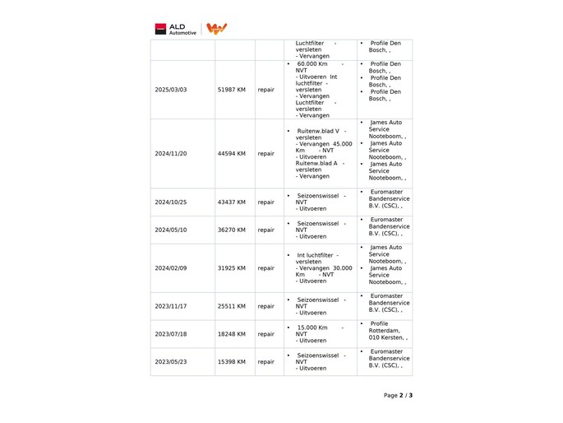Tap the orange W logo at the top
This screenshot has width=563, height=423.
click(x=216, y=29)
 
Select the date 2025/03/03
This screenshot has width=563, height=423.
click(x=170, y=90)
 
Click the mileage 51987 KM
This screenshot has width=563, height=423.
click(x=231, y=90)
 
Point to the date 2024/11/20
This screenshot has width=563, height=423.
click(x=170, y=153)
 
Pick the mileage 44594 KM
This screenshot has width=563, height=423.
click(x=231, y=153)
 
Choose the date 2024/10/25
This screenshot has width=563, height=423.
click(x=170, y=202)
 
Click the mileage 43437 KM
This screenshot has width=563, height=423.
click(x=231, y=202)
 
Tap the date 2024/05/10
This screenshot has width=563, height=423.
click(x=170, y=230)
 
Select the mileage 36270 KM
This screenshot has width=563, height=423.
click(x=231, y=230)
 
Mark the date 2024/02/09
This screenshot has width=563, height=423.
click(x=170, y=267)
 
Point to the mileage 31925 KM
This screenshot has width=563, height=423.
click(x=231, y=267)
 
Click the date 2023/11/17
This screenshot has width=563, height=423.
click(x=170, y=306)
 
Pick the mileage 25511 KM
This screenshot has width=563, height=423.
click(x=231, y=306)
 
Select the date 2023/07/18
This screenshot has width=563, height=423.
click(x=170, y=334)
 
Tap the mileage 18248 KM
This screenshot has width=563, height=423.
click(x=231, y=334)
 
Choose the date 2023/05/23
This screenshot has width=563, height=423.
click(x=170, y=361)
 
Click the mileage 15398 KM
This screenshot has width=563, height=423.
click(x=231, y=361)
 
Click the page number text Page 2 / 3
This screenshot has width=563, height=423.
click(x=398, y=395)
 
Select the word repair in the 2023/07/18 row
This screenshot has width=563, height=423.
click(x=266, y=334)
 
